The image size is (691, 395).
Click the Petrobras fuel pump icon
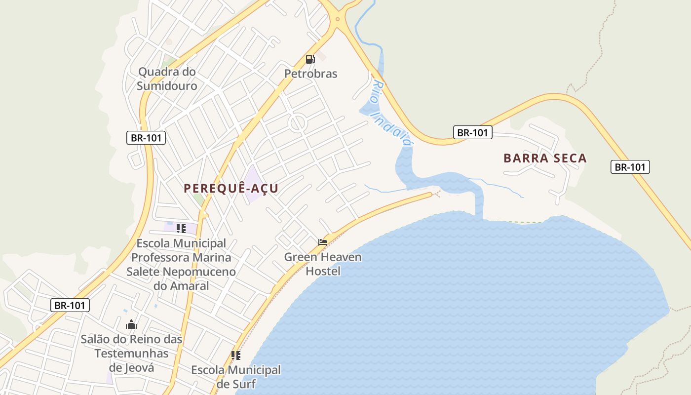[310, 59]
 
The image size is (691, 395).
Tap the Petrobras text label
[310, 74]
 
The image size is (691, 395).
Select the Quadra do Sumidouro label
[167, 79]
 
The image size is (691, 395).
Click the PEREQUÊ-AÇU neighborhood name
[231, 188]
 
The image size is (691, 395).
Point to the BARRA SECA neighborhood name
[545, 158]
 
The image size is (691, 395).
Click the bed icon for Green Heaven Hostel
[323, 242]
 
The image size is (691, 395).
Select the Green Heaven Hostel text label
[323, 264]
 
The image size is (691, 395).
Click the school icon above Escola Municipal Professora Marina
[181, 228]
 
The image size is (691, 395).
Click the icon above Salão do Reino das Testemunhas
[131, 324]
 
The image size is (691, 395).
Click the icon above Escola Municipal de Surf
[236, 355]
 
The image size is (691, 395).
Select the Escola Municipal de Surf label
[236, 376]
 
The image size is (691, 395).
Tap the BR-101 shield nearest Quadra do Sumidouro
[146, 138]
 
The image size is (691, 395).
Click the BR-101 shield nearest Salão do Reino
[70, 305]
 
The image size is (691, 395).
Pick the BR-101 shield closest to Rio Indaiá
[472, 132]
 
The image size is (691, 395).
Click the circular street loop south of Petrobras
[298, 123]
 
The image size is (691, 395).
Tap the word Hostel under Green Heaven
[323, 271]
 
